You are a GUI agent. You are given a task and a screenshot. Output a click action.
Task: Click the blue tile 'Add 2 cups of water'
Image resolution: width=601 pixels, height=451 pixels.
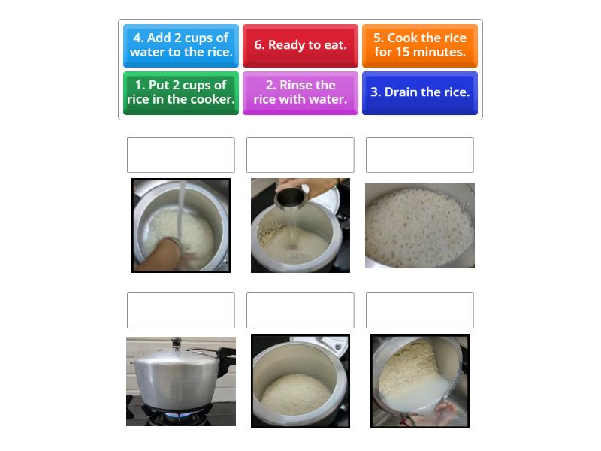180,45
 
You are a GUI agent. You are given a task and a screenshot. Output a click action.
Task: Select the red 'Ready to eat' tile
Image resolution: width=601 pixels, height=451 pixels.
300,45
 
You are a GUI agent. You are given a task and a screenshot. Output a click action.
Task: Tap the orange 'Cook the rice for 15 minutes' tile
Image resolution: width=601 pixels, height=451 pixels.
419,45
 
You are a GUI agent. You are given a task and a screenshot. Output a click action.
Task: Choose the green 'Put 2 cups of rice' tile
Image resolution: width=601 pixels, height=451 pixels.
180,92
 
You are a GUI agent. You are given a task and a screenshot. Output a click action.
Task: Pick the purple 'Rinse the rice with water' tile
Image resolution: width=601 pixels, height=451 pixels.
300,92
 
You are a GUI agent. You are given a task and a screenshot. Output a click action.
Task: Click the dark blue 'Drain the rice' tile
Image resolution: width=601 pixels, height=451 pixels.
419,92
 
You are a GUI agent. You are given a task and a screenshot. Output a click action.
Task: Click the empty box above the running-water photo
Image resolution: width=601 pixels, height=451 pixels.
180,155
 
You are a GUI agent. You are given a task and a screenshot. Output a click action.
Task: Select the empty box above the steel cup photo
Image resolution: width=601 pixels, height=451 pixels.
300,155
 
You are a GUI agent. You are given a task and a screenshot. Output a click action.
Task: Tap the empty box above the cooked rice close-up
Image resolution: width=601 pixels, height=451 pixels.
419,155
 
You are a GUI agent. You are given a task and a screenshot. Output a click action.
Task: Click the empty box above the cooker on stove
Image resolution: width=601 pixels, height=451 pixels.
180,310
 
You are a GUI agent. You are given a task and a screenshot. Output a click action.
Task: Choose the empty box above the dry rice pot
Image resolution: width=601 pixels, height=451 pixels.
300,310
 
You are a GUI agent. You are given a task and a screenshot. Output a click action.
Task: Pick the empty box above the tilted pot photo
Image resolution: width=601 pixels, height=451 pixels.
419,310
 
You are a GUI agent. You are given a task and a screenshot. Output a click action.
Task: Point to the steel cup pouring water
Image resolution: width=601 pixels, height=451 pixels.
290,198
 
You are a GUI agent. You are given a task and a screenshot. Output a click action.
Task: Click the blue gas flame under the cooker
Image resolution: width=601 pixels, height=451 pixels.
177,414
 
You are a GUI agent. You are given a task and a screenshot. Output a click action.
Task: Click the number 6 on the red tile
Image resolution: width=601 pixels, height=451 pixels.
258,45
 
